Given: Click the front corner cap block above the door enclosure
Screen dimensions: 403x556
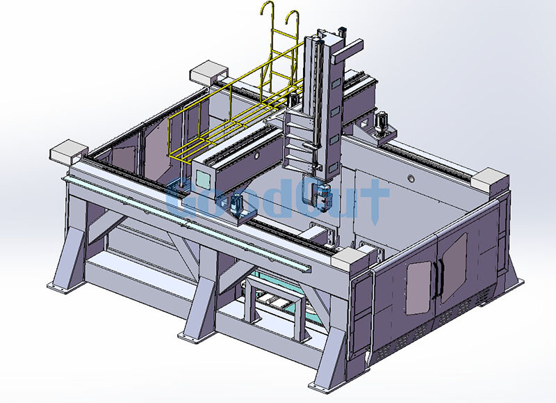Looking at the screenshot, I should [x=354, y=261].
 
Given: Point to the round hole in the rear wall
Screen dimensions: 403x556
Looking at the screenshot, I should [x=411, y=180].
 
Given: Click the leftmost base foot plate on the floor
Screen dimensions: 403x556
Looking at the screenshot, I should [x=65, y=285].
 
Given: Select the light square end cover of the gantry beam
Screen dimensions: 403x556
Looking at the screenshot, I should [x=207, y=166].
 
